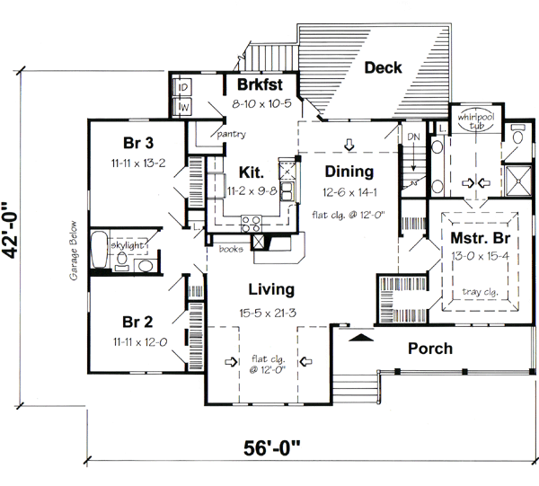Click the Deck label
[383, 67]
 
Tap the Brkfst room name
[260, 84]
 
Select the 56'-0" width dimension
[271, 448]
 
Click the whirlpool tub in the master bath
[476, 120]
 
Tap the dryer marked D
[182, 87]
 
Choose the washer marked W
[182, 107]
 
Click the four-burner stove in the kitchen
[251, 224]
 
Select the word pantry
[232, 134]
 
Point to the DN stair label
[413, 137]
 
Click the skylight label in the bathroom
[127, 245]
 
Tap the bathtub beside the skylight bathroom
[100, 250]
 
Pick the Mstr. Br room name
[481, 238]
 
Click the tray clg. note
[480, 292]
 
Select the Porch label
[430, 349]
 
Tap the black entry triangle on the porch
[361, 337]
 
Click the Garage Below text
[74, 251]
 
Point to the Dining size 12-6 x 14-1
[349, 192]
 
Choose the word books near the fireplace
[231, 249]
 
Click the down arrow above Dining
[349, 145]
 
